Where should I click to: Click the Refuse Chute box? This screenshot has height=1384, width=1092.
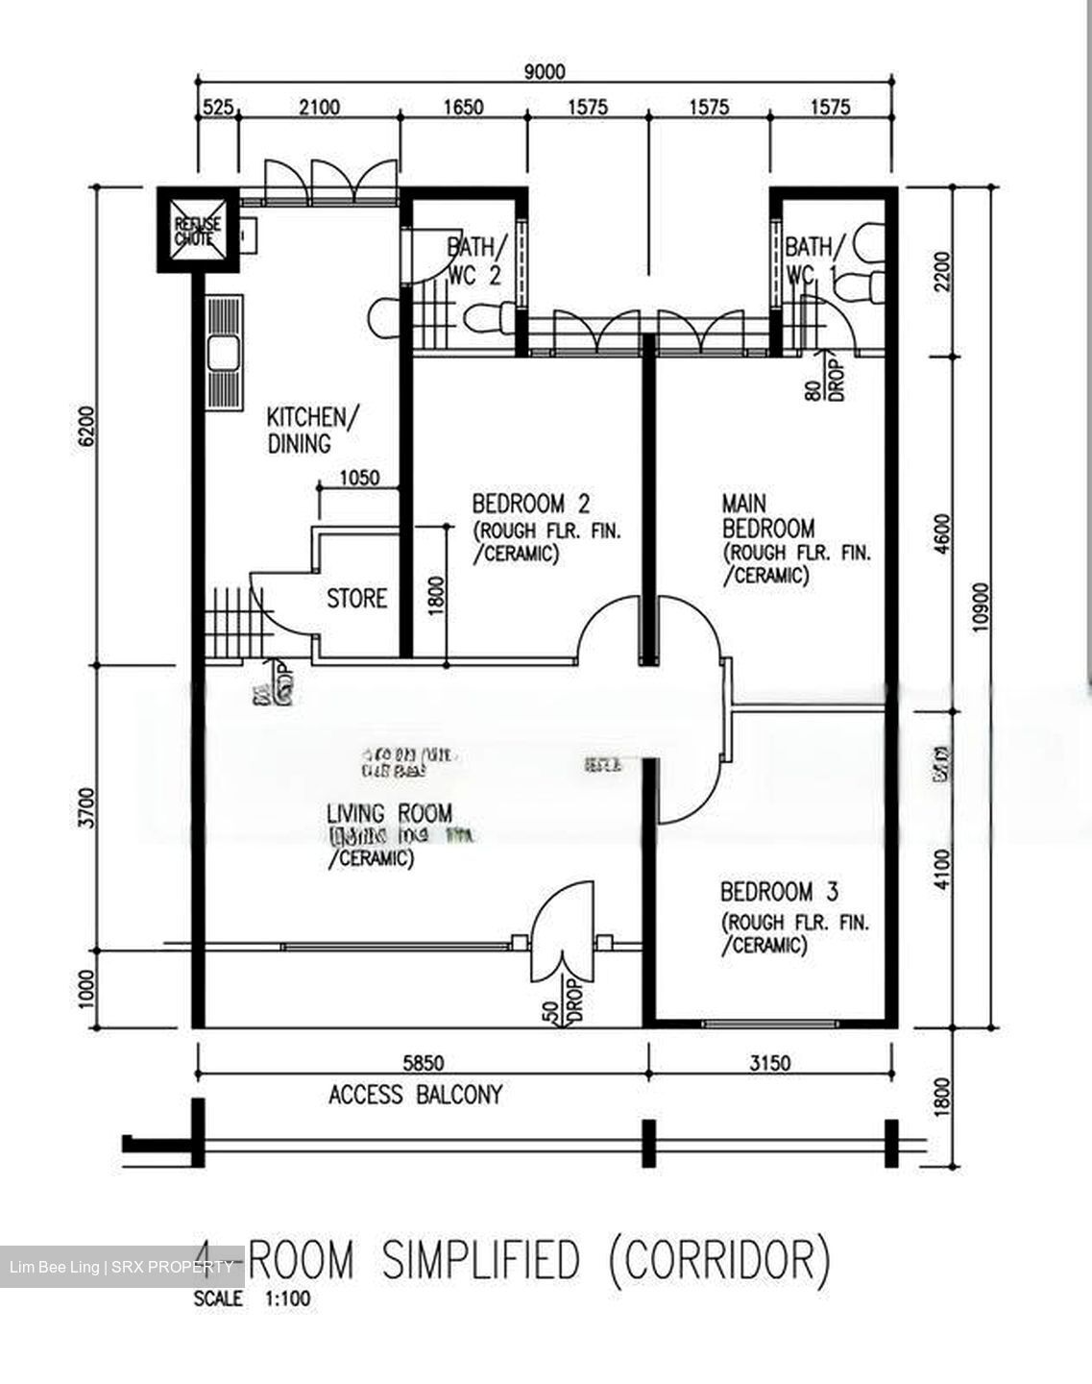197,231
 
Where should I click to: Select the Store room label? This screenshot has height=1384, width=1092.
356,599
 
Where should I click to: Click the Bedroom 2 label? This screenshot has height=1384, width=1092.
530,504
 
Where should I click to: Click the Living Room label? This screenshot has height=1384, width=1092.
388,813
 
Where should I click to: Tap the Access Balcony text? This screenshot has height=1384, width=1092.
415,1095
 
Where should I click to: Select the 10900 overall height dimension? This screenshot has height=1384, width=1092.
980,607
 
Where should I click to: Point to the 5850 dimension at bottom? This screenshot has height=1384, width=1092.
423,1063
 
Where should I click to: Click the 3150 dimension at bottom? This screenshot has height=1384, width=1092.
769,1063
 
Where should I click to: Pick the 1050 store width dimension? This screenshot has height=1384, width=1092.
359,477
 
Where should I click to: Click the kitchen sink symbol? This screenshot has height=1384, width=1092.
225,353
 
